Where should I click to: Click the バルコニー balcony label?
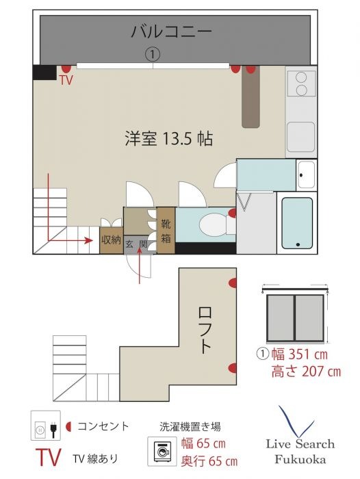pos(171,31)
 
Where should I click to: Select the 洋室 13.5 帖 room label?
pos(168,139)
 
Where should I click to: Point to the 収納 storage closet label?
pos(111,239)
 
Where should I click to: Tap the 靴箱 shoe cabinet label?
pos(166,230)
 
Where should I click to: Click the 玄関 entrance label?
pos(136,244)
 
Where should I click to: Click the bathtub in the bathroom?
pos(297,222)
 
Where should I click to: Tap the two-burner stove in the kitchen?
pos(300,85)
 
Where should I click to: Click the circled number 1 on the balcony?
pos(153,53)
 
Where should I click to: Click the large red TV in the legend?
pos(49,458)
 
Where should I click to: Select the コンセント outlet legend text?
pos(103,426)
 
